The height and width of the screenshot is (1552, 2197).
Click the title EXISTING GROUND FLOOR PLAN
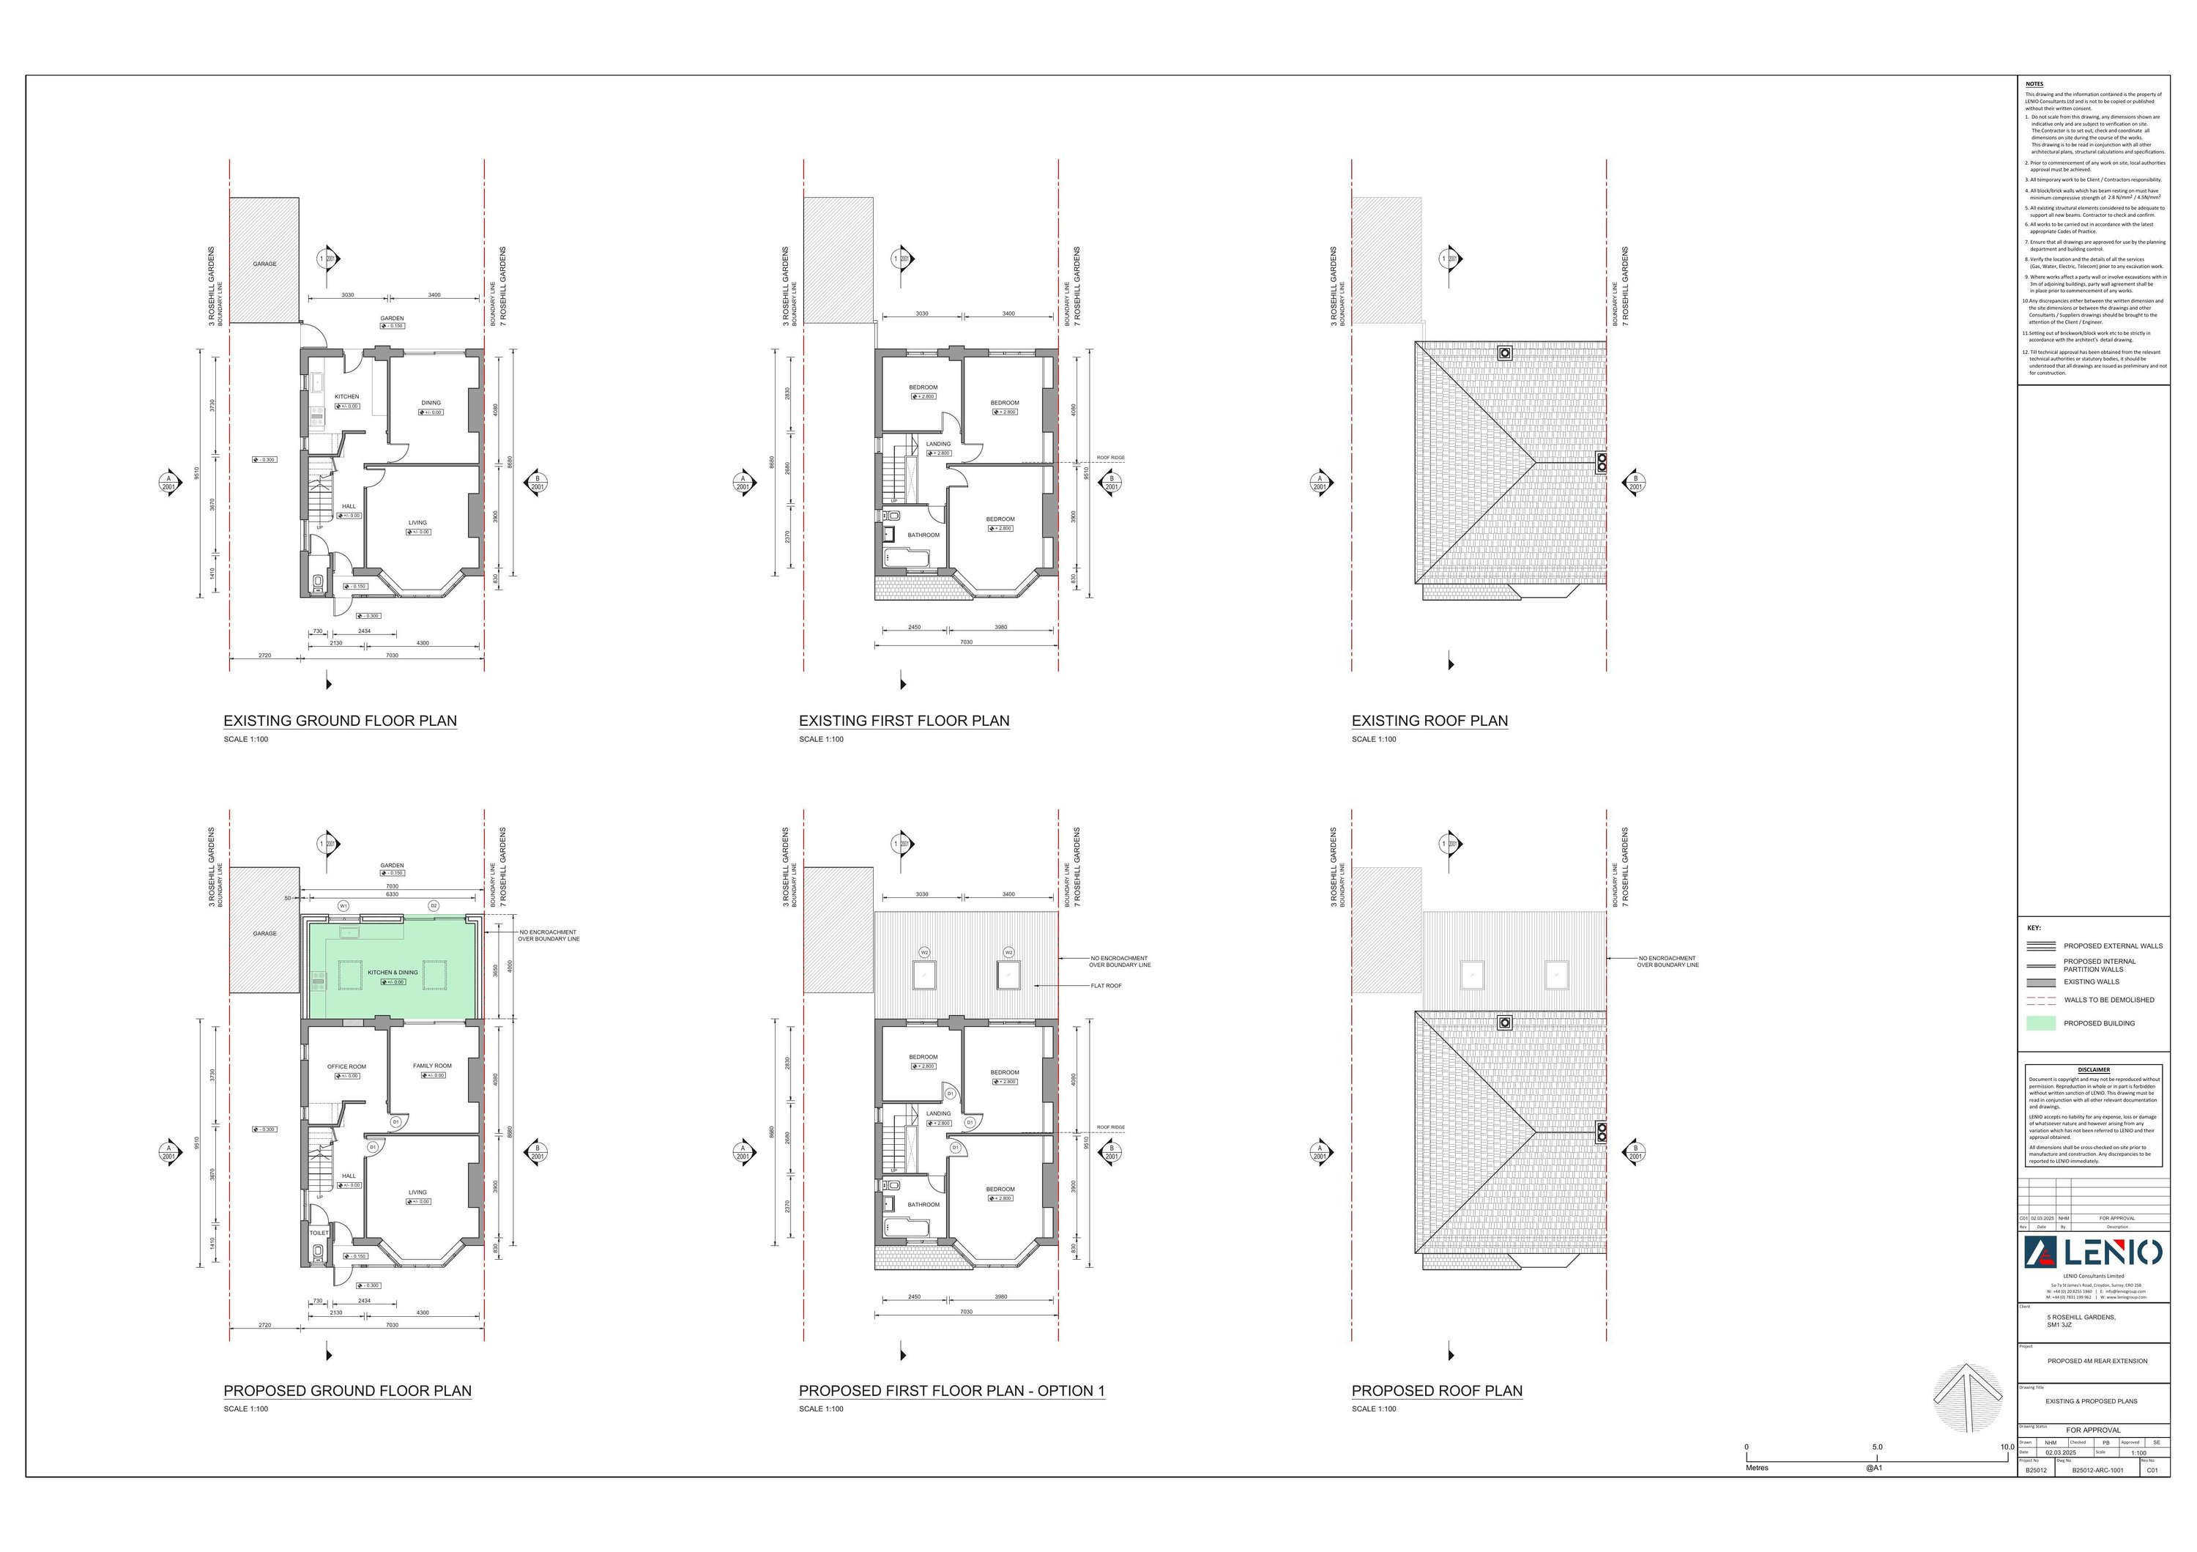340,721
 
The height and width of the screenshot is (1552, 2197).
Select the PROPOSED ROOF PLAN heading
1436,1390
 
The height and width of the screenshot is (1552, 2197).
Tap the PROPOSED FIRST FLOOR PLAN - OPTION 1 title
951,1390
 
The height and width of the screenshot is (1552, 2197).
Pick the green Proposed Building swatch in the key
2041,1023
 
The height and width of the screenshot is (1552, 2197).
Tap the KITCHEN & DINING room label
393,972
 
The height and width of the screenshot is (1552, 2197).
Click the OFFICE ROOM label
346,1066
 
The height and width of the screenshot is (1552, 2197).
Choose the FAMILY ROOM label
431,1065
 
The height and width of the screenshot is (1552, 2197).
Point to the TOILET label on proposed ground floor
319,1233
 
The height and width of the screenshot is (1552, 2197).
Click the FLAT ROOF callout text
1106,986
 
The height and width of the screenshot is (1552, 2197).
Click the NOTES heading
2034,84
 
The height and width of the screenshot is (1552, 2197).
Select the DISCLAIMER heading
2094,1070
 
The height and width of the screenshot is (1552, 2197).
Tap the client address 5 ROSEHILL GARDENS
2081,1317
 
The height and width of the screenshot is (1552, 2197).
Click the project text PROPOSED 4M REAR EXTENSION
2097,1361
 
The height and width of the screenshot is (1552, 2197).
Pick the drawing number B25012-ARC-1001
2097,1471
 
